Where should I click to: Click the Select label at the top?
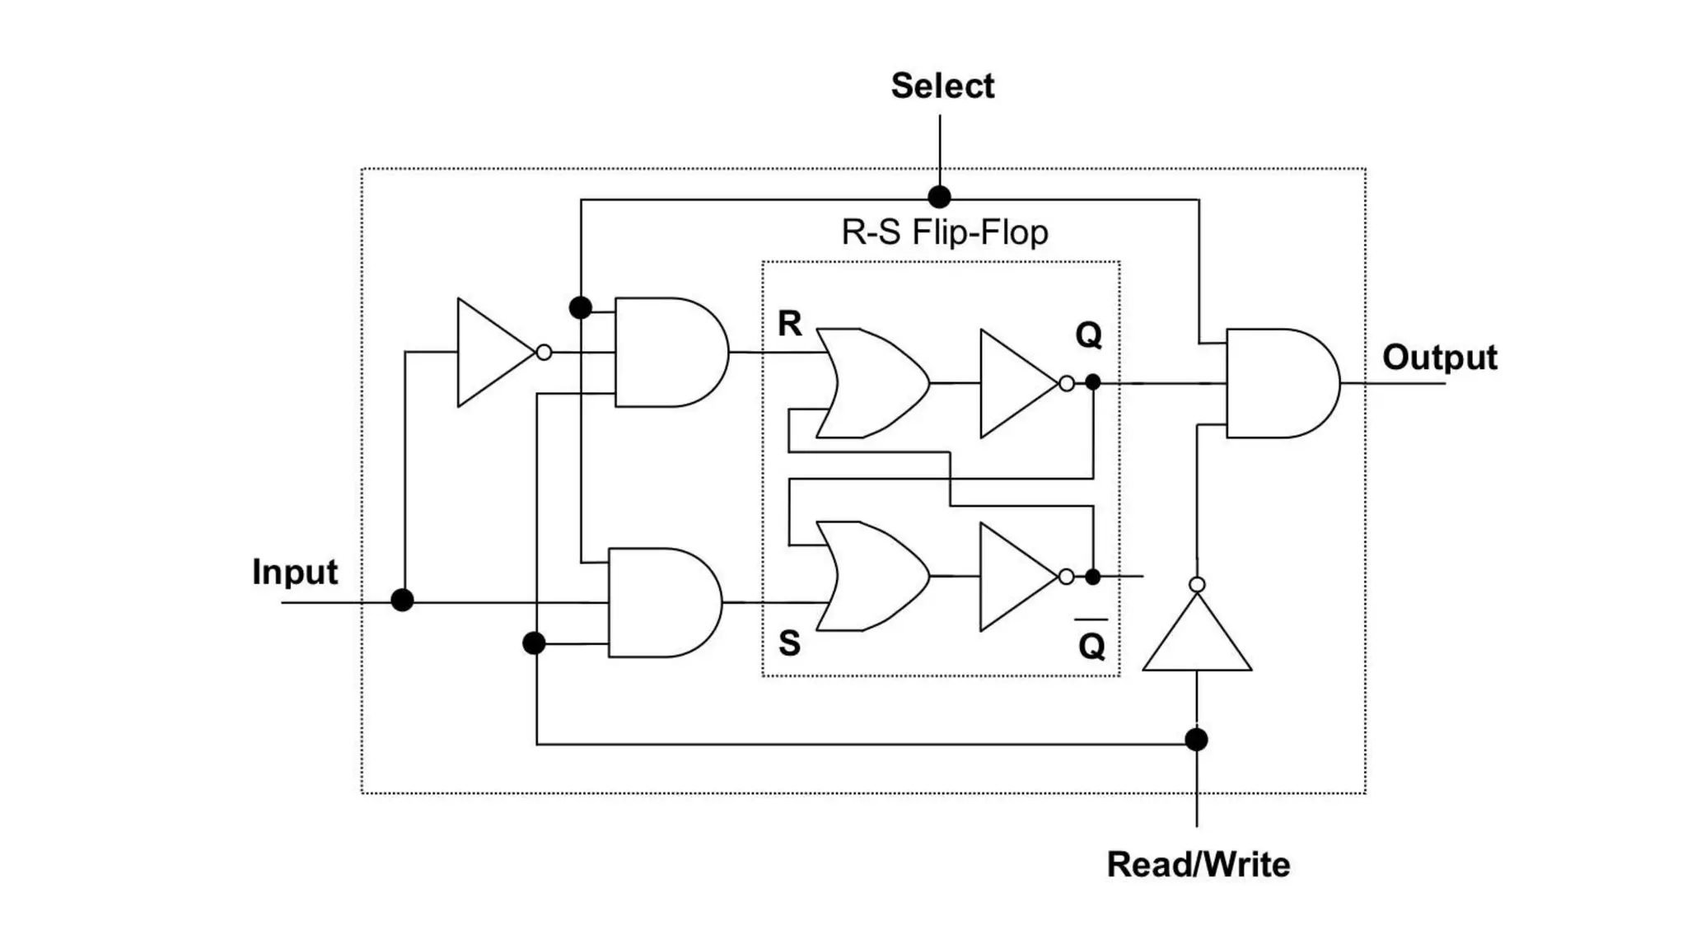(x=942, y=86)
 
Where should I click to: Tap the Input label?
(x=294, y=572)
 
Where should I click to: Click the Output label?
(x=1439, y=358)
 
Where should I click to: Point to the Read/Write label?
(x=1198, y=864)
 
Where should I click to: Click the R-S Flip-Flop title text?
(x=944, y=232)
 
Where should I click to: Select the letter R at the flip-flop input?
(x=789, y=324)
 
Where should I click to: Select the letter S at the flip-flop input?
(x=789, y=643)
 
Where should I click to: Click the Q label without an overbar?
(x=1088, y=335)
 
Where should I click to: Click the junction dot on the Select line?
(x=939, y=197)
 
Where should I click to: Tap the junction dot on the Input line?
(x=402, y=600)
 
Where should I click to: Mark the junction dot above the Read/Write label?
(x=1196, y=739)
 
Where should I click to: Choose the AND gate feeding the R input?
(x=667, y=353)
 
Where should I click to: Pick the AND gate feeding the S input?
(x=661, y=602)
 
